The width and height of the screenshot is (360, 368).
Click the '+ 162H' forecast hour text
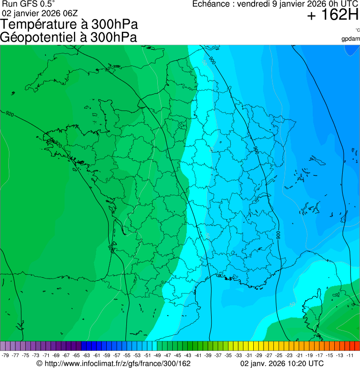coord(332,16)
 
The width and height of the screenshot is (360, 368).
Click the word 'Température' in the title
coord(41,25)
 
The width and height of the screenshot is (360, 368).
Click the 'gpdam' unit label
coord(351,39)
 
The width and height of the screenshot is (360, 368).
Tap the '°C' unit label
coord(357,30)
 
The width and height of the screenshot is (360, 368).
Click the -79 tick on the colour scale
coord(6,355)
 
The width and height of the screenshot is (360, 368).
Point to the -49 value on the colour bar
coord(158,355)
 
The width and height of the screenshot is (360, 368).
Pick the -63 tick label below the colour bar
coord(87,355)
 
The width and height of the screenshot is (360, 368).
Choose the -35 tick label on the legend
coord(228,355)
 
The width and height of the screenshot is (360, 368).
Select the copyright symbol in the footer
coord(39,363)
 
